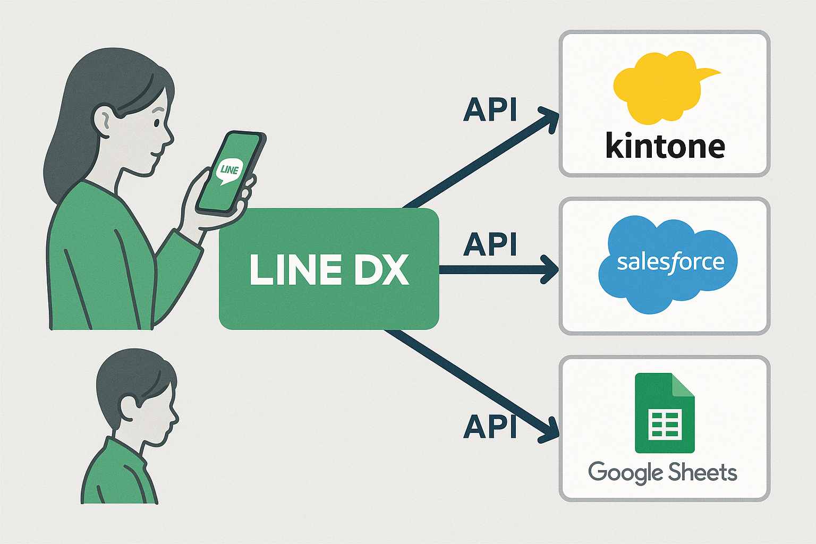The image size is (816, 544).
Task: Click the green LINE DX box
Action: click(329, 269)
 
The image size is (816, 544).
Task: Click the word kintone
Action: click(665, 146)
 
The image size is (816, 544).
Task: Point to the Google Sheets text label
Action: click(662, 472)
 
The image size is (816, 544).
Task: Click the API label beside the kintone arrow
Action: click(490, 110)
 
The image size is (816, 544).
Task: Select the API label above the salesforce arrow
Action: click(490, 244)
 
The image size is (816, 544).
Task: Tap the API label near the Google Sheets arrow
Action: click(490, 426)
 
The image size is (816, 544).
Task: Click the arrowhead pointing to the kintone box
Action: click(550, 118)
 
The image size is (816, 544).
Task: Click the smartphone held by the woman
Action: click(231, 173)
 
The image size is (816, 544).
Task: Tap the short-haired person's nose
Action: click(175, 418)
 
